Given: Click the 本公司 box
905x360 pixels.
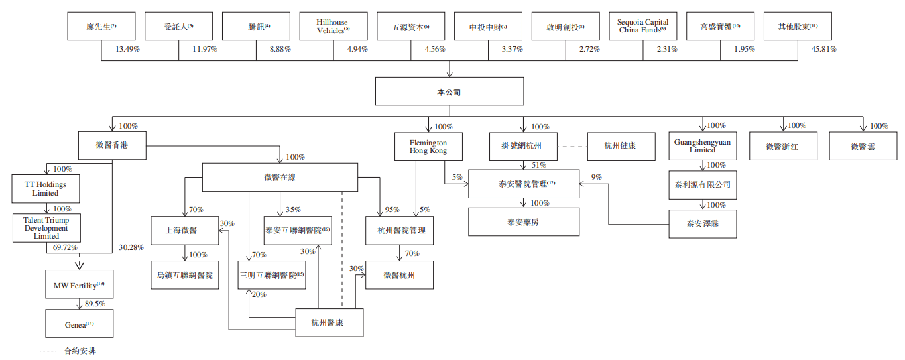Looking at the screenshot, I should click(449, 91).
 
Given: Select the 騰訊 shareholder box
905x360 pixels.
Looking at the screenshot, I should click(255, 27).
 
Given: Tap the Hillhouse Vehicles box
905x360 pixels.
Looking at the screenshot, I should click(332, 27).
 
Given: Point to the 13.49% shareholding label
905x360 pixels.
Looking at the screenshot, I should click(128, 49).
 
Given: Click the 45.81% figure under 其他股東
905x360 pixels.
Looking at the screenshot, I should click(823, 49).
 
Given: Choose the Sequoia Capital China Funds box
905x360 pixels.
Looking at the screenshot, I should click(642, 27).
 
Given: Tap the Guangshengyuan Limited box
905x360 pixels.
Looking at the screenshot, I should click(703, 146).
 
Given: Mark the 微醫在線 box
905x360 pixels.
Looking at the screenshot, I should click(280, 178).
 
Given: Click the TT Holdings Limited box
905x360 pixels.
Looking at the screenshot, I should click(46, 188).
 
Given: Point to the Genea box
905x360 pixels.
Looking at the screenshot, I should click(80, 324).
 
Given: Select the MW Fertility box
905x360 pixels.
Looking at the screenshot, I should click(80, 285).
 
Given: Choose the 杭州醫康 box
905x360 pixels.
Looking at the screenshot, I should click(329, 323).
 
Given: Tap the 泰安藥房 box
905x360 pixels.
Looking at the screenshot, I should click(524, 222).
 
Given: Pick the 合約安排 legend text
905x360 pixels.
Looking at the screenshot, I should click(80, 351).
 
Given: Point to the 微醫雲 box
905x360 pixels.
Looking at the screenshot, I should click(863, 146).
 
